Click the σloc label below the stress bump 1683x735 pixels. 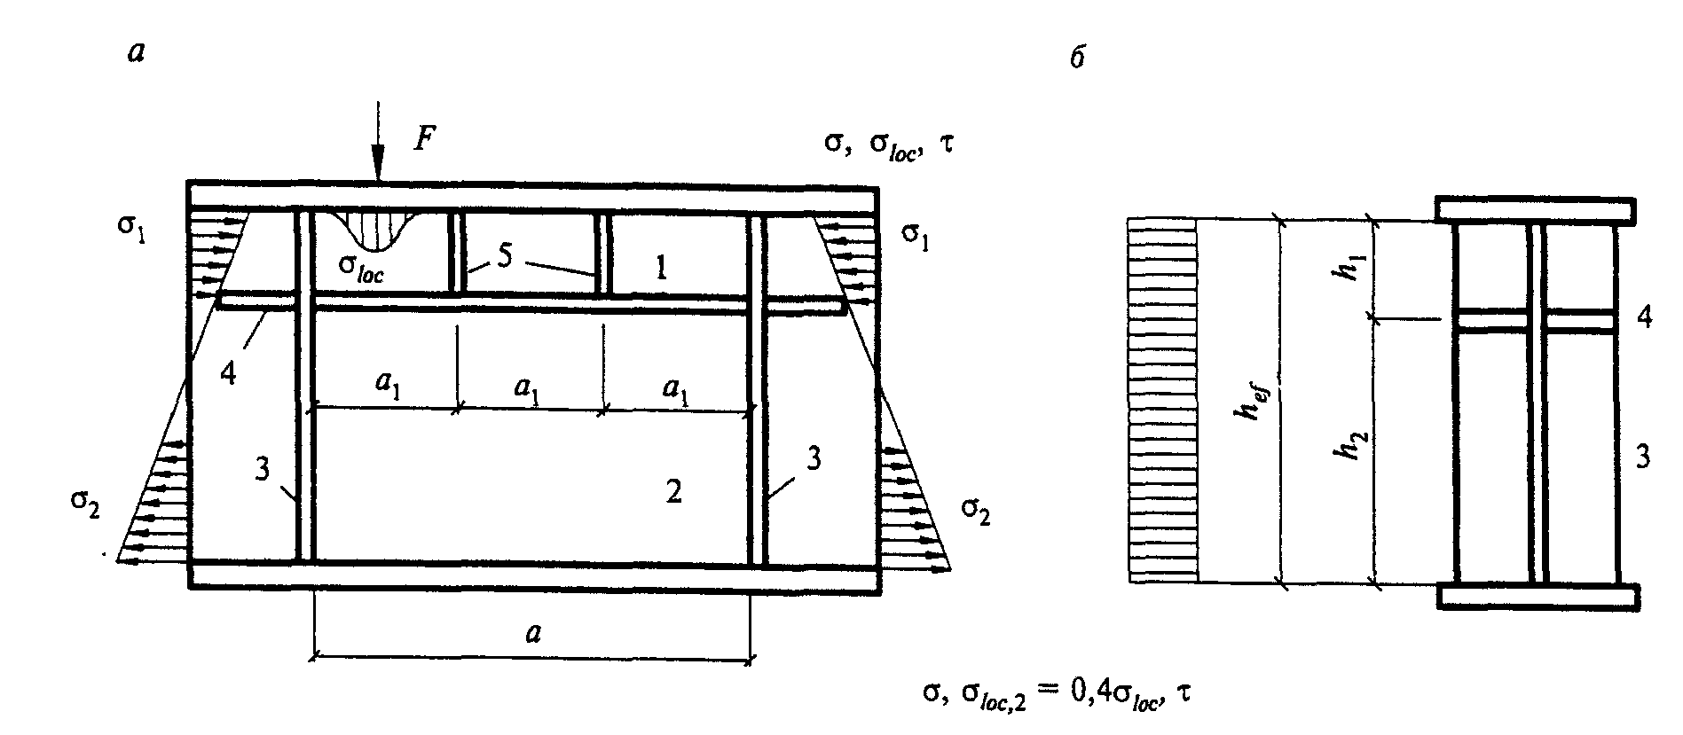[361, 270]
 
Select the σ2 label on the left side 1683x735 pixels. [86, 508]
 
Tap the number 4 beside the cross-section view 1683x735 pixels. [1644, 319]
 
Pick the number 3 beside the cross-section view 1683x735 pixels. [1643, 457]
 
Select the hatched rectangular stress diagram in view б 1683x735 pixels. [1162, 400]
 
